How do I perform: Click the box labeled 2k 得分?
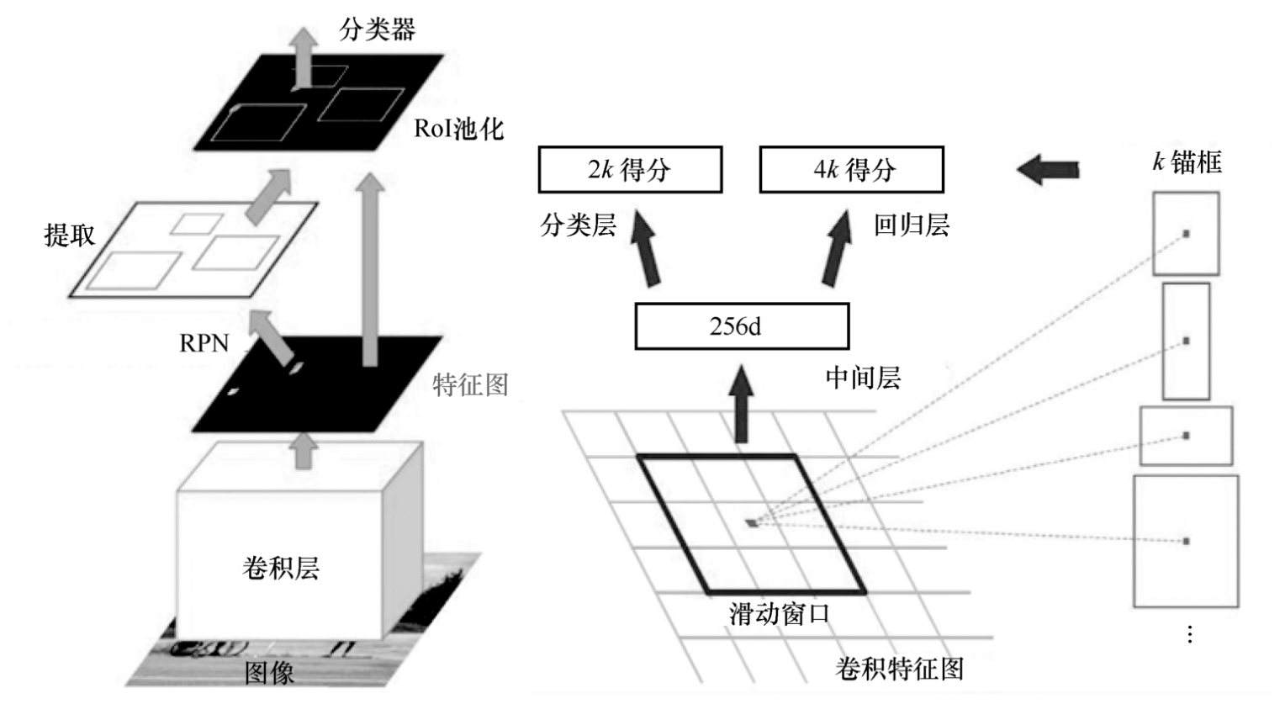(630, 170)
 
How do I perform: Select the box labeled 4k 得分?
(851, 170)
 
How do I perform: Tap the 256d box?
(741, 326)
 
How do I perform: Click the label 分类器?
(377, 30)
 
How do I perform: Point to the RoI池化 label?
(458, 129)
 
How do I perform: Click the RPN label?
(204, 343)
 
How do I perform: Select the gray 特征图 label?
(470, 385)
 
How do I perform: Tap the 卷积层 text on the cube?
(280, 569)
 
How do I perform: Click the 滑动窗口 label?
(779, 614)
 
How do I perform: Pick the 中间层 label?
(863, 378)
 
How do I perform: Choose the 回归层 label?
(911, 225)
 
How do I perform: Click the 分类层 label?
(579, 225)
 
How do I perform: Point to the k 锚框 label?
(1187, 161)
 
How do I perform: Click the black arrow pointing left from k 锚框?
(1048, 169)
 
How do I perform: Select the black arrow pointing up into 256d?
(741, 404)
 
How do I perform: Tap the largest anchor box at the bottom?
(1186, 541)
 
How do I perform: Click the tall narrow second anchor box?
(1186, 341)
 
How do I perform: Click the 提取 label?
(69, 235)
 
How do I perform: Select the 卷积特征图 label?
(899, 669)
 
